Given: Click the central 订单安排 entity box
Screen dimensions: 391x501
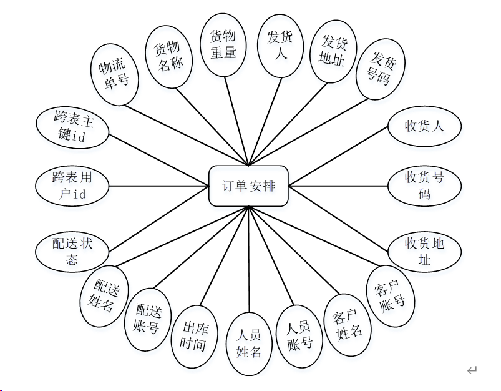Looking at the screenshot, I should pyautogui.click(x=248, y=186).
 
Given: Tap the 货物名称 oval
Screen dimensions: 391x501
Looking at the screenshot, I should pyautogui.click(x=167, y=56).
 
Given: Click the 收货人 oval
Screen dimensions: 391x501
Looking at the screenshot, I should pyautogui.click(x=424, y=126).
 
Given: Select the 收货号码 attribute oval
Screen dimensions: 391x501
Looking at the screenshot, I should pyautogui.click(x=424, y=186).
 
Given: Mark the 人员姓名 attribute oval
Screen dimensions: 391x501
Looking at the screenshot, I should pyautogui.click(x=249, y=344).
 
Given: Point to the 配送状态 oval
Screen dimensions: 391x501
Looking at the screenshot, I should pyautogui.click(x=72, y=251).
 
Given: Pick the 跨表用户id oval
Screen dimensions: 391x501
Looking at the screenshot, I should pyautogui.click(x=72, y=186).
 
